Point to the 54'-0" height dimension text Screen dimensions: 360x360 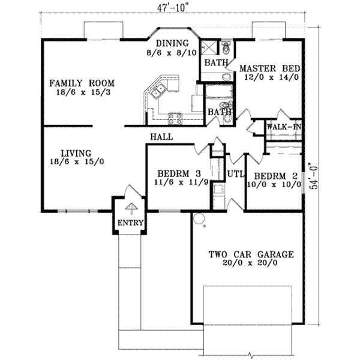(311, 178)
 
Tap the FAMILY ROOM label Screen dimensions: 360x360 (82, 83)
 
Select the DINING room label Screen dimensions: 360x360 (172, 43)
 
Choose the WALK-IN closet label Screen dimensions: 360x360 (283, 127)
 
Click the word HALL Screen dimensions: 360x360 (161, 137)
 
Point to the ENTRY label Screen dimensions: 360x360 (130, 224)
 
